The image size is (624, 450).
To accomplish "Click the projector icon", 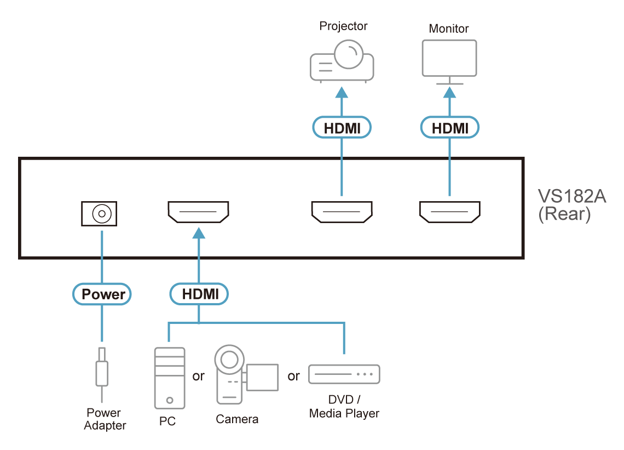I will pyautogui.click(x=342, y=62).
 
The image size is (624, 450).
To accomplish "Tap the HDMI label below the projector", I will pyautogui.click(x=342, y=128).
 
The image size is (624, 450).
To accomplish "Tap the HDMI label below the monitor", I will pyautogui.click(x=450, y=128).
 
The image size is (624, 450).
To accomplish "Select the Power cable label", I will pyautogui.click(x=103, y=294).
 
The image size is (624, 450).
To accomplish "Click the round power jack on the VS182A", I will pyautogui.click(x=99, y=213).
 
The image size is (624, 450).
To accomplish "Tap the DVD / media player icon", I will pyautogui.click(x=344, y=374).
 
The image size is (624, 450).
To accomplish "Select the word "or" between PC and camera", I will pyautogui.click(x=198, y=377).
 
